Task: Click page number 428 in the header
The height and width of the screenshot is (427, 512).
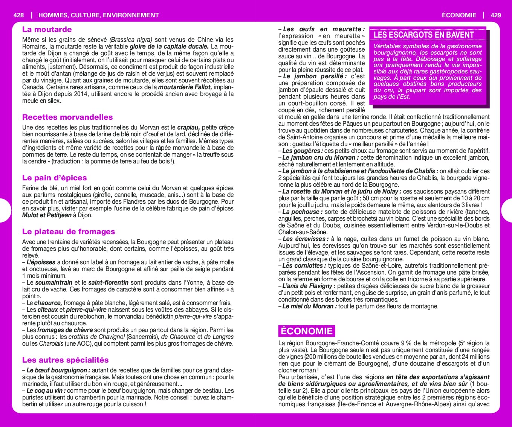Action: pos(18,15)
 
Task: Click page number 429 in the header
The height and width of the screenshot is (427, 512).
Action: pos(496,15)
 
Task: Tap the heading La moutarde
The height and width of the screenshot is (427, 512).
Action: pos(47,29)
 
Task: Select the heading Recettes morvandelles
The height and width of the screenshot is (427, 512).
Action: pos(67,117)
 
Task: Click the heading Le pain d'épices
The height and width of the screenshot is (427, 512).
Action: pos(54,178)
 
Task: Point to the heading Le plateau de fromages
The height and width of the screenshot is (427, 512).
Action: pos(69,232)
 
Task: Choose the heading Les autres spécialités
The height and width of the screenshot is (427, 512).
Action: pos(65,360)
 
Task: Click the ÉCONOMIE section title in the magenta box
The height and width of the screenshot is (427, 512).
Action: pos(307,331)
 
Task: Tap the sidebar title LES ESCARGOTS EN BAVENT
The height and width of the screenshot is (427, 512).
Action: pos(423,35)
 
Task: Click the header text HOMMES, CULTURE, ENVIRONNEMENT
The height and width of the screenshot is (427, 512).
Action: pos(99,15)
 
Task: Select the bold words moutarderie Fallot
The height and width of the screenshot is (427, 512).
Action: pos(185,87)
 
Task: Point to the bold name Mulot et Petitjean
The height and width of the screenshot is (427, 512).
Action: pos(47,215)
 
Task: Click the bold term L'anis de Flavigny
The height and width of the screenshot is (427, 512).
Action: pos(304,286)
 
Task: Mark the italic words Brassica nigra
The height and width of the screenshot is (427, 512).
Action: pos(131,40)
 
